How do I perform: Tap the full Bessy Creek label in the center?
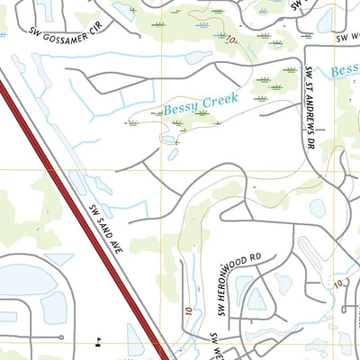coord(201,105)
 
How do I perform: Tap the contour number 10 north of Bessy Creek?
coord(231,40)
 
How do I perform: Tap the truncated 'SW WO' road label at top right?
coord(346,39)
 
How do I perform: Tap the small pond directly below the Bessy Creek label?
coord(167,139)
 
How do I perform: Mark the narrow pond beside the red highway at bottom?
coord(135,340)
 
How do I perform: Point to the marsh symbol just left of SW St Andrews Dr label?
coord(290,70)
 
